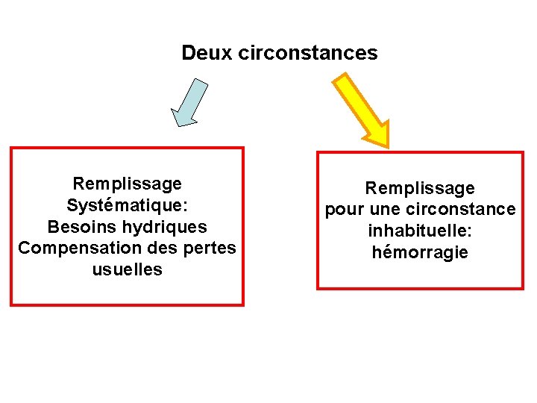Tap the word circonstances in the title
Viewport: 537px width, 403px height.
click(x=308, y=54)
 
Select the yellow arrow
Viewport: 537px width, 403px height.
click(x=362, y=109)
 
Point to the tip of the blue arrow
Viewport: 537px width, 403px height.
click(x=176, y=124)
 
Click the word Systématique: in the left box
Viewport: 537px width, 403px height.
click(x=127, y=205)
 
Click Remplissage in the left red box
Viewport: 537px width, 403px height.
click(x=127, y=184)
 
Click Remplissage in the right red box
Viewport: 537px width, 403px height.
click(x=420, y=188)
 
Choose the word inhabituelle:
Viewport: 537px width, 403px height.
click(x=420, y=231)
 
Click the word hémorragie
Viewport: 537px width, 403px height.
click(x=420, y=253)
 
